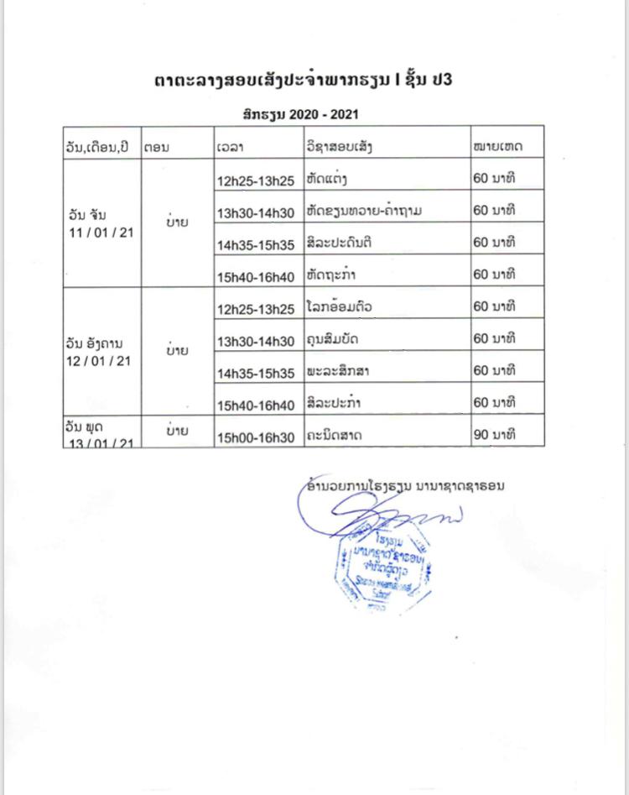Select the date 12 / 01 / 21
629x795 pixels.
[x=99, y=360]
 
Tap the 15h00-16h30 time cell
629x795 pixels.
[x=256, y=437]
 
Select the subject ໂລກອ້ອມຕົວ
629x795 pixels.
[x=340, y=306]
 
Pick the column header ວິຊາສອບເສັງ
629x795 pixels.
[x=340, y=146]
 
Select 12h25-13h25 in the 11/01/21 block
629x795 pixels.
[x=256, y=180]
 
